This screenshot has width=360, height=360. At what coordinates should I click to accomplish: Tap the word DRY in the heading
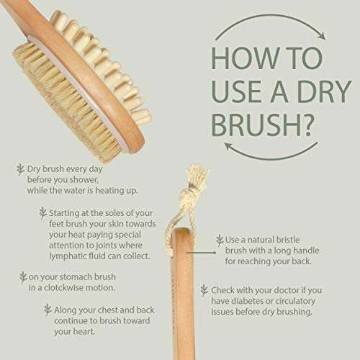[315, 89]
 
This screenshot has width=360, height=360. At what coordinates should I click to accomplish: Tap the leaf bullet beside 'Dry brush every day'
[20, 170]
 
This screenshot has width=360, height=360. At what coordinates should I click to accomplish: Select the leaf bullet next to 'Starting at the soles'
[42, 212]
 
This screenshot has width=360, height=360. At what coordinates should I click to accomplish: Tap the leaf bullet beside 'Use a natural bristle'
[220, 240]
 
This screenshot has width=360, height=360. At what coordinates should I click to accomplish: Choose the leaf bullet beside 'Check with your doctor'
[204, 289]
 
